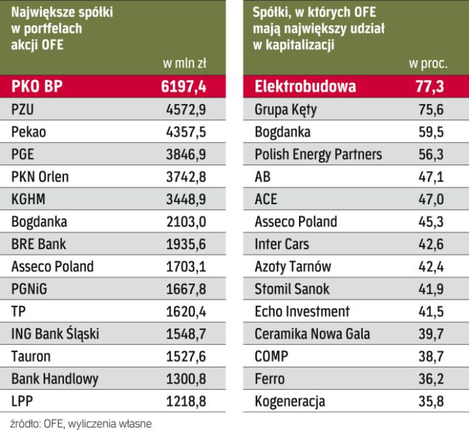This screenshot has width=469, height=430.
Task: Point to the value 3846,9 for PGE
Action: click(x=185, y=154)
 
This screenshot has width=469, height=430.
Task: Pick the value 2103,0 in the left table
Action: click(x=185, y=222)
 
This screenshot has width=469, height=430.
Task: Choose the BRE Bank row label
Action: click(x=39, y=244)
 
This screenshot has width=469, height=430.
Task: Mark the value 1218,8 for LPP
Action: click(x=185, y=402)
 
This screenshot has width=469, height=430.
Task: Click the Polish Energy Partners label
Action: click(x=318, y=154)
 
